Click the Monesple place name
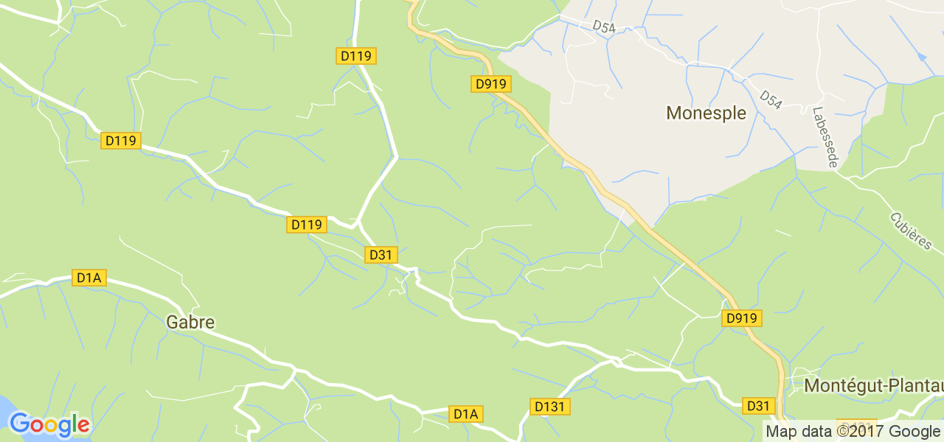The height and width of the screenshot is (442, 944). [706, 113]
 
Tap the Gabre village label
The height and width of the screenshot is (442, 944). [190, 323]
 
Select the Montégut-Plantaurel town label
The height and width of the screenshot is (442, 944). [873, 386]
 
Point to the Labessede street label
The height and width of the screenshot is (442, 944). [824, 137]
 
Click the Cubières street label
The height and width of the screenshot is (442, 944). [911, 231]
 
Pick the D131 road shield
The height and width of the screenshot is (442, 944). [550, 407]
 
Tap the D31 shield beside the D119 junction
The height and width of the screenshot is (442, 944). [381, 255]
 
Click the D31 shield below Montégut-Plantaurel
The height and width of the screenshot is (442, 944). [758, 406]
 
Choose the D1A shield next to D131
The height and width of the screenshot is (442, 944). [466, 414]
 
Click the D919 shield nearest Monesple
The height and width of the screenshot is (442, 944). [491, 84]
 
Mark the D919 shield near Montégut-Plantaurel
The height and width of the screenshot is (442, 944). [741, 318]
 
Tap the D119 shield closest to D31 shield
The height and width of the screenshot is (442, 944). [306, 225]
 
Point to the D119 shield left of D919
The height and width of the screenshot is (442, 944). [357, 55]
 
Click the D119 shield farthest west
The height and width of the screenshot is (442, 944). [120, 140]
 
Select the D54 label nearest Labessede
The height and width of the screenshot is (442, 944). [770, 99]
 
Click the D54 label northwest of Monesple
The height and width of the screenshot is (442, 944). [603, 26]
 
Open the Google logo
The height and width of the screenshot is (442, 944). [49, 425]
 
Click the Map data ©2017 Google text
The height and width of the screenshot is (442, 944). [853, 432]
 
